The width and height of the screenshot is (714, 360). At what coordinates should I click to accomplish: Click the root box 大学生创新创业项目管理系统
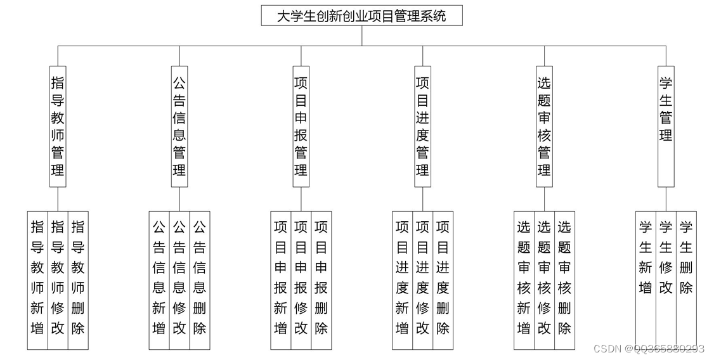point(361,16)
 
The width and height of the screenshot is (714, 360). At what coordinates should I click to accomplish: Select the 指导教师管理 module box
point(58,126)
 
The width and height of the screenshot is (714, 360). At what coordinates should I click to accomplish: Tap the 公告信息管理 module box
point(179,126)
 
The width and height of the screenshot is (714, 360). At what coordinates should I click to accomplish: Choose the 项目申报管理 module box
point(301,126)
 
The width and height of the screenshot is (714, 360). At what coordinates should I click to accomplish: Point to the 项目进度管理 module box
point(423,126)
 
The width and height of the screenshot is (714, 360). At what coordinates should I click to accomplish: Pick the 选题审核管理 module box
point(544,126)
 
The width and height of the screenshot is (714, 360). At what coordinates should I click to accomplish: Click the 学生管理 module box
point(666,126)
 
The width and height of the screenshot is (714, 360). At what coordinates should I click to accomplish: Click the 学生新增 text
point(646,257)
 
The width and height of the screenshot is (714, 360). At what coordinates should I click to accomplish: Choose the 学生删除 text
point(686,257)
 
